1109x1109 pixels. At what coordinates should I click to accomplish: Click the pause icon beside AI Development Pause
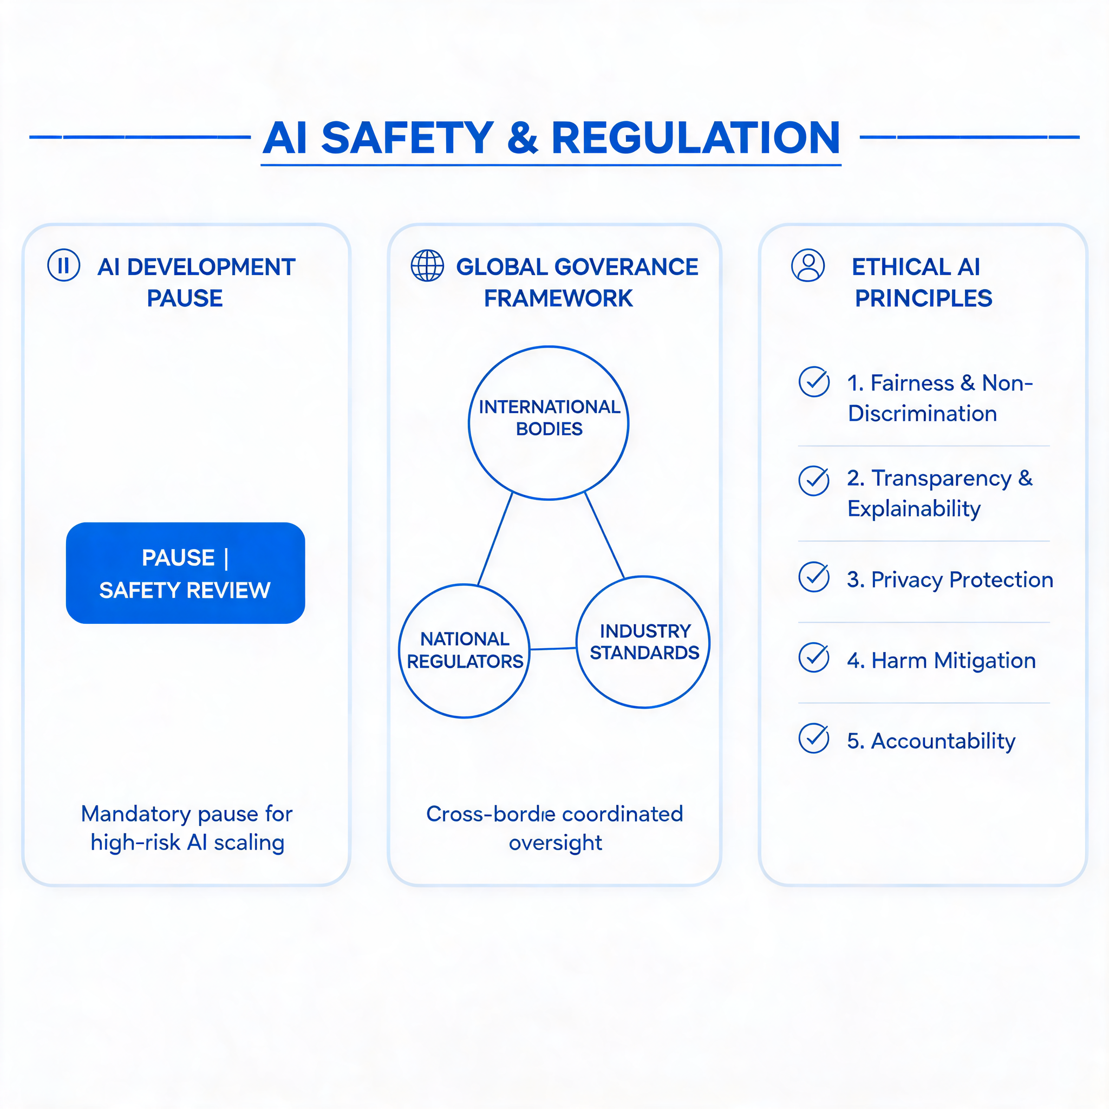64,265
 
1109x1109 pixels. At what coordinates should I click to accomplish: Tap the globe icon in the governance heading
427,266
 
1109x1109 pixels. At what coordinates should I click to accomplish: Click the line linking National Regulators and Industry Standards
553,649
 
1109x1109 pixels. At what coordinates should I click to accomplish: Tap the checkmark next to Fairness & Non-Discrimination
814,382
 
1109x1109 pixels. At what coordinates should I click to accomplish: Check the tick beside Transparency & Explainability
814,480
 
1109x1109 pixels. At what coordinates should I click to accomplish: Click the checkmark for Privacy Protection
814,577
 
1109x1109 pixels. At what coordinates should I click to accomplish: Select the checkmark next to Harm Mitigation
814,658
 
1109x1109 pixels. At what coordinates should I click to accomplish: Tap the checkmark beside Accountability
814,738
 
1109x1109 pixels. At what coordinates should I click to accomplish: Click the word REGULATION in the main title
696,138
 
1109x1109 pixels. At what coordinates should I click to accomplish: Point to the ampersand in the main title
523,138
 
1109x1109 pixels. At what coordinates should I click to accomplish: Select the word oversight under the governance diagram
555,843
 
